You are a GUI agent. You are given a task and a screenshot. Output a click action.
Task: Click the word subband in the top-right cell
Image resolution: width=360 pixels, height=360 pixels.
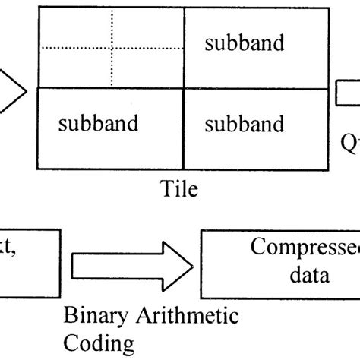(x=245, y=43)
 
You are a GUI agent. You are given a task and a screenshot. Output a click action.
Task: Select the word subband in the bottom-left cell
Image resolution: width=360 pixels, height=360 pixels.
(x=99, y=123)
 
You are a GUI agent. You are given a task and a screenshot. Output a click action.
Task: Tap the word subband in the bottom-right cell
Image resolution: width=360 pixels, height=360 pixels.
(x=245, y=123)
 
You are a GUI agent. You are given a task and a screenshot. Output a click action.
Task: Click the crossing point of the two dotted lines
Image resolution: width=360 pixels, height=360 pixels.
(x=111, y=49)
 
